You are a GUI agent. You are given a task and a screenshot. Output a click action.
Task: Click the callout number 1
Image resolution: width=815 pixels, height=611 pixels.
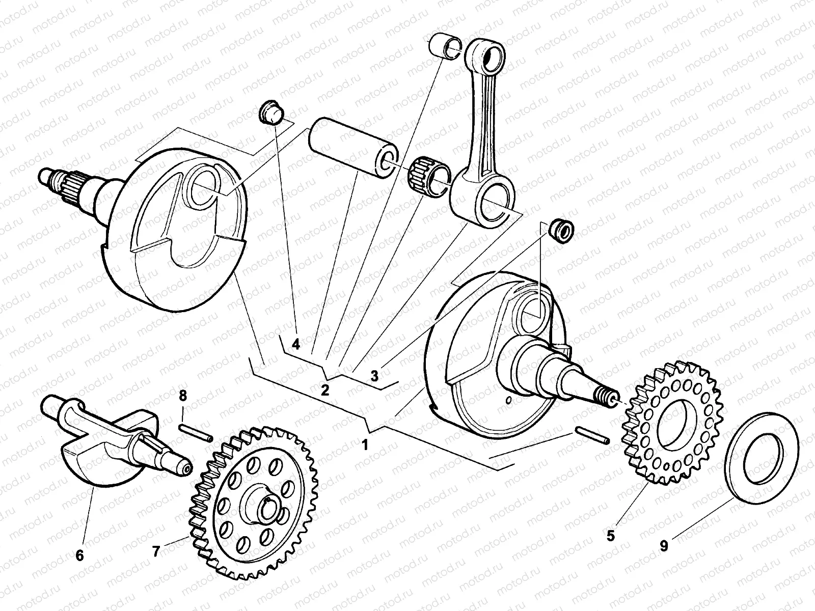coord(364,445)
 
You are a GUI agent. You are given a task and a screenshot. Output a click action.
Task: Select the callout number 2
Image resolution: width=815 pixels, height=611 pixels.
coord(325,391)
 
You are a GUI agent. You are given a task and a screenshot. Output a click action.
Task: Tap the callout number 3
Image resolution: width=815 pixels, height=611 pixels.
coord(374,376)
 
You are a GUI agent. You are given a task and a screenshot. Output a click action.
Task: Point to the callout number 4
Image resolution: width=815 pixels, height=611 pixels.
coord(296,345)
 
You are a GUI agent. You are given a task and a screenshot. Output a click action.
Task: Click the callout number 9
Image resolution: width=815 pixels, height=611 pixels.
coord(664,546)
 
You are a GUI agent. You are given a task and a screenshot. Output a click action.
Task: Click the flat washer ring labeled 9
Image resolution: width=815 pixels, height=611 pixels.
coord(762,456)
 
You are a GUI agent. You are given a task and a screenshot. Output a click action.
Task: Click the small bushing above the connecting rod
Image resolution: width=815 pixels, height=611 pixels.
coord(444,46)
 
